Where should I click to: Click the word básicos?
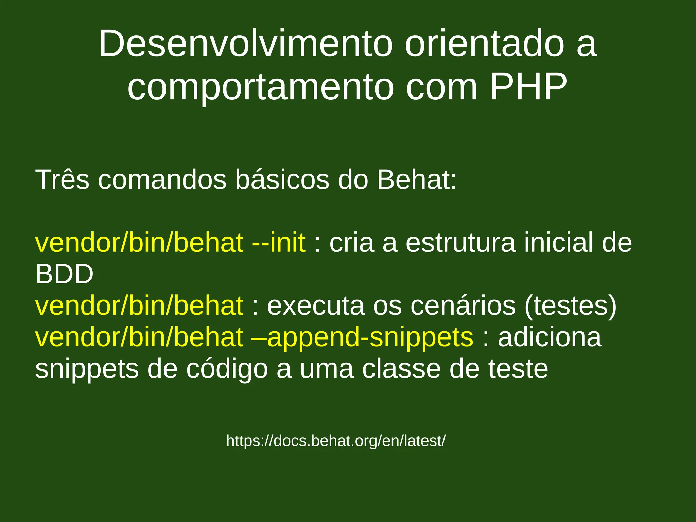coord(282,179)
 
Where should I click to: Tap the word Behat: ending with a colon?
coord(417,179)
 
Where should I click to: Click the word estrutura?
coord(460,243)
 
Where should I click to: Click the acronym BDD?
coord(64,274)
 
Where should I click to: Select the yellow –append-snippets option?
coord(362,337)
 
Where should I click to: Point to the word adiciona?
coord(550,337)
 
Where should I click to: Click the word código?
coord(227,369)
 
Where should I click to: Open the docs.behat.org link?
coord(336,441)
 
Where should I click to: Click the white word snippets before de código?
coord(87,369)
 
